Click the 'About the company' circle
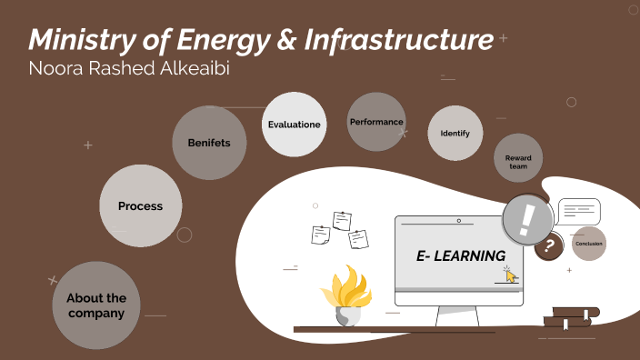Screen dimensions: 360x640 coord(95,305)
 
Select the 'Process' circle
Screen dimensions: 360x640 coord(140,206)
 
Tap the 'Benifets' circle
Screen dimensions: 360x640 coord(209,143)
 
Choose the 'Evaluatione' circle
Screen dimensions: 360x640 coord(294,125)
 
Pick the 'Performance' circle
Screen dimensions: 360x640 coord(375,122)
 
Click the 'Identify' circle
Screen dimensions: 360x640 coord(455,134)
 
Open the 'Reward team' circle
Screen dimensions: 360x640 coord(518,163)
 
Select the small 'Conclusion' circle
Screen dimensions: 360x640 coord(589,244)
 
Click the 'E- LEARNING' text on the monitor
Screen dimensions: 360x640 coord(460,257)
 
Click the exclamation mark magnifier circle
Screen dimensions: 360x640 coord(525,219)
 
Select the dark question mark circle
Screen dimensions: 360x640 coord(548,245)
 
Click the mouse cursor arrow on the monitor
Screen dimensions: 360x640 coord(510,275)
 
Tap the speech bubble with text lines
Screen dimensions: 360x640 coord(579,212)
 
